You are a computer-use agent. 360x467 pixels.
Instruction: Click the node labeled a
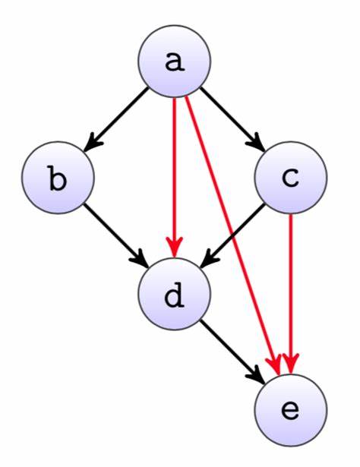point(174,61)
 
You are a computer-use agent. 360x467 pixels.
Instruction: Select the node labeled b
point(58,178)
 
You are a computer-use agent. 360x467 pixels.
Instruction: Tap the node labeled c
point(291,178)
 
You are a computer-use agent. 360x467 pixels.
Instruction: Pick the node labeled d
point(174,294)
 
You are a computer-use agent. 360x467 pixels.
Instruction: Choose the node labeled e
point(291,410)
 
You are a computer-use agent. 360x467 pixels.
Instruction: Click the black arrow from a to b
point(116,119)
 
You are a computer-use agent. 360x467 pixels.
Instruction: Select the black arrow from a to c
point(232,119)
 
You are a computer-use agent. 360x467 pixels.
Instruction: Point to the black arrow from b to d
point(116,236)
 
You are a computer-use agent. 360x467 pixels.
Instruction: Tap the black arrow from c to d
point(232,236)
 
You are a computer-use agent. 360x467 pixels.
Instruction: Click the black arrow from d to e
point(232,352)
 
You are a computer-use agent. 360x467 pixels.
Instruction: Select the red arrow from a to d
point(174,178)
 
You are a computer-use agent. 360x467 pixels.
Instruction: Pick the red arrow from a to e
point(232,236)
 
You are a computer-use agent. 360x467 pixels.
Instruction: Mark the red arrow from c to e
point(291,294)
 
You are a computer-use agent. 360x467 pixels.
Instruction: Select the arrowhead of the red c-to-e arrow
point(291,364)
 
